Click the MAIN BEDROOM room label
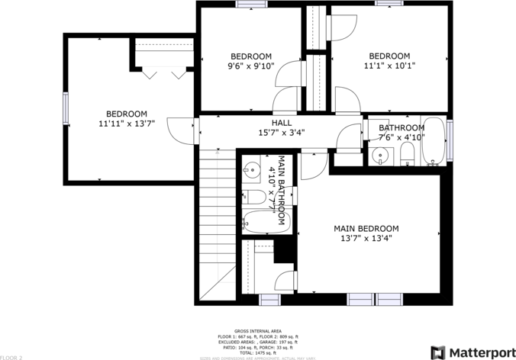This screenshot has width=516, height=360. [366, 228]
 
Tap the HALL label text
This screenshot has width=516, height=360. [281, 123]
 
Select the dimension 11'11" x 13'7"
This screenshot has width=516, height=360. [127, 123]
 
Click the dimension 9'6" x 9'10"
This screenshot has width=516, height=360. [251, 66]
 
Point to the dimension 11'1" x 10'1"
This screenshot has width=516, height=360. [389, 66]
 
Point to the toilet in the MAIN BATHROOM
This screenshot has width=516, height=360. [255, 198]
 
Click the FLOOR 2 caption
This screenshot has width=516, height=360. [11, 356]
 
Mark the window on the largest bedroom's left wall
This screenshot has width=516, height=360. [66, 107]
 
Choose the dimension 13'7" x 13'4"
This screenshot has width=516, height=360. [366, 238]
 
